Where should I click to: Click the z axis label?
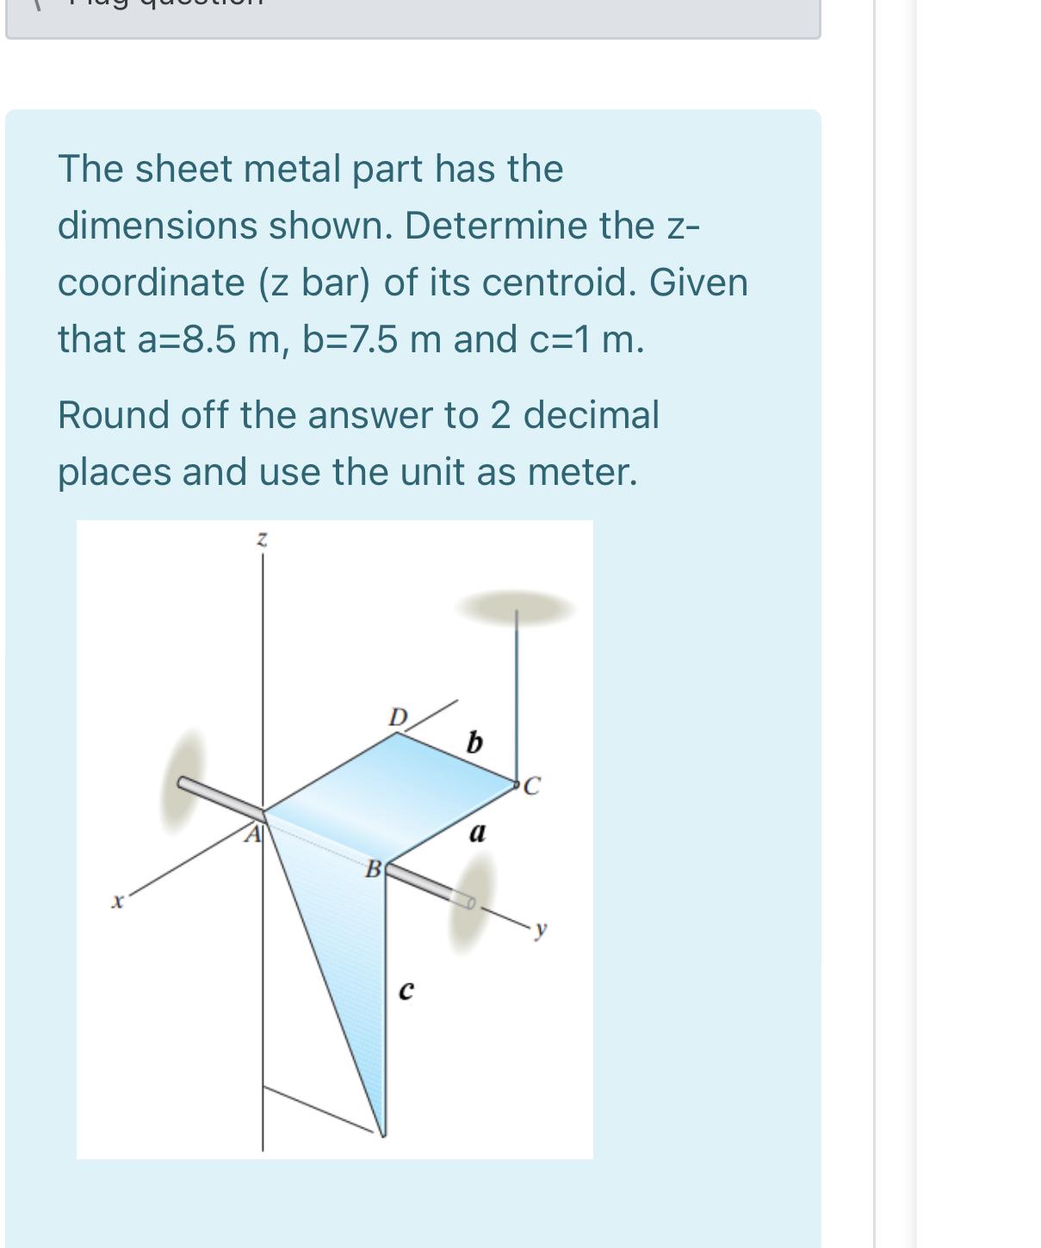pos(263,540)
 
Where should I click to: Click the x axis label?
pos(118,902)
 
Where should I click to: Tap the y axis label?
pos(540,928)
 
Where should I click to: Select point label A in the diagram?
pos(252,834)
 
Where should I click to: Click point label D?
pos(397,717)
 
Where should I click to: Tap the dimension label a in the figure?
pos(477,833)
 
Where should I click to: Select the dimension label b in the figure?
pos(474,742)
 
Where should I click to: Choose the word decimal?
pos(591,415)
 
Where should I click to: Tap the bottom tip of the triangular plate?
pos(382,1133)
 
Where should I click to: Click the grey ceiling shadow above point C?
pos(515,607)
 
